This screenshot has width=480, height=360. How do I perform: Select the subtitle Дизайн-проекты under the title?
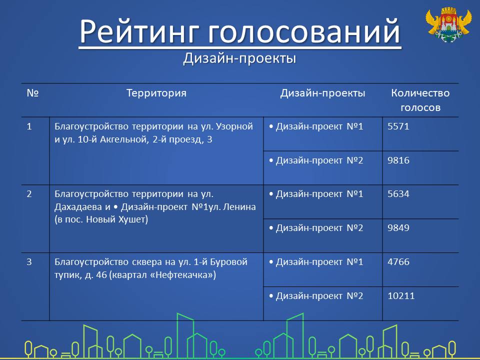pyautogui.click(x=239, y=58)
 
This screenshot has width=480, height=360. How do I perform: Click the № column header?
pyautogui.click(x=32, y=93)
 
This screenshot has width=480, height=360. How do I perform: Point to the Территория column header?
pyautogui.click(x=156, y=93)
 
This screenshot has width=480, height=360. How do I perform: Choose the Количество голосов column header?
pyautogui.click(x=420, y=100)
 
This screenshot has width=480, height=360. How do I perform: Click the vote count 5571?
pyautogui.click(x=398, y=126)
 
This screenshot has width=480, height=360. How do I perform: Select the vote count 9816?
pyautogui.click(x=398, y=160)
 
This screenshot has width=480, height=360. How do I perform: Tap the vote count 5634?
pyautogui.click(x=398, y=194)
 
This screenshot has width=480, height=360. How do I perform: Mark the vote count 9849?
pyautogui.click(x=398, y=228)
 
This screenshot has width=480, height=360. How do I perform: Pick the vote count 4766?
pyautogui.click(x=398, y=261)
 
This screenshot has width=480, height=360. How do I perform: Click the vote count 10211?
pyautogui.click(x=401, y=295)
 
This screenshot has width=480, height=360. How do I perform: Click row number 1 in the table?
pyautogui.click(x=29, y=126)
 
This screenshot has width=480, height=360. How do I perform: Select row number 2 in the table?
pyautogui.click(x=29, y=194)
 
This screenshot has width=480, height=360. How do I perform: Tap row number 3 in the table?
pyautogui.click(x=29, y=261)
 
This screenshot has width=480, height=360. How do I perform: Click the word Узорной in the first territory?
pyautogui.click(x=234, y=126)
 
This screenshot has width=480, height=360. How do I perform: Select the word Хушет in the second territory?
pyautogui.click(x=132, y=219)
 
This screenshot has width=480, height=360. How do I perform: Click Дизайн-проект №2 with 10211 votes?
pyautogui.click(x=316, y=296)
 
